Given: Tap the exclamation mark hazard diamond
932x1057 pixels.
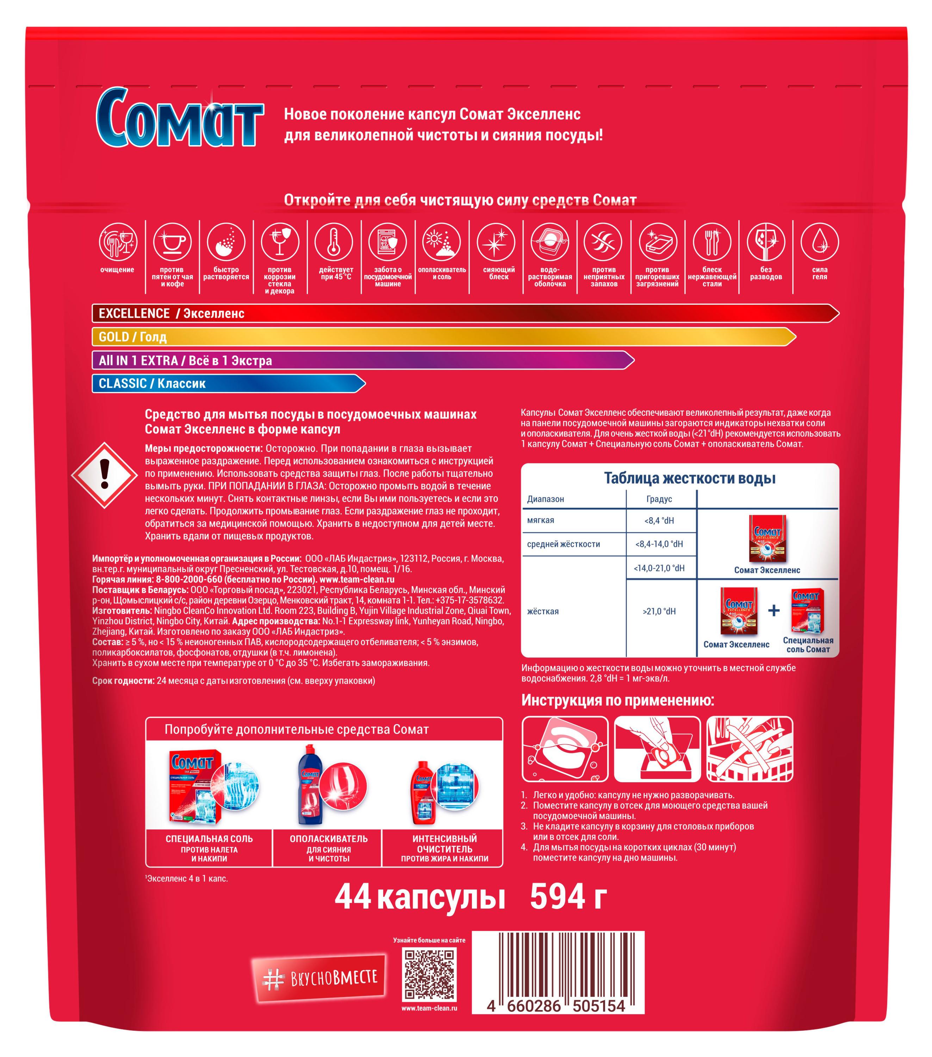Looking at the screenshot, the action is click(x=104, y=475).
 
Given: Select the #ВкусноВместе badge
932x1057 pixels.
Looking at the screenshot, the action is click(x=320, y=977).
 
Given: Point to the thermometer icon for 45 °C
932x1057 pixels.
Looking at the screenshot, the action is click(x=334, y=242).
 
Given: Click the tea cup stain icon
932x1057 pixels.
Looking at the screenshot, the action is click(x=172, y=242).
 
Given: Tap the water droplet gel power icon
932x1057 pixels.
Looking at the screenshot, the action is click(x=819, y=242).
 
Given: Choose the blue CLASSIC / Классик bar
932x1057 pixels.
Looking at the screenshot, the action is click(x=229, y=384).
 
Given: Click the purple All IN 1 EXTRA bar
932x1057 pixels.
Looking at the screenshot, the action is click(x=363, y=360).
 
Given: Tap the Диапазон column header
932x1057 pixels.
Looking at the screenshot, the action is click(x=545, y=499).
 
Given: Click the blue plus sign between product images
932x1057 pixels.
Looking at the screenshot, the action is click(x=773, y=611).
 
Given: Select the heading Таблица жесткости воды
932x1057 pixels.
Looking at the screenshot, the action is click(x=690, y=478).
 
